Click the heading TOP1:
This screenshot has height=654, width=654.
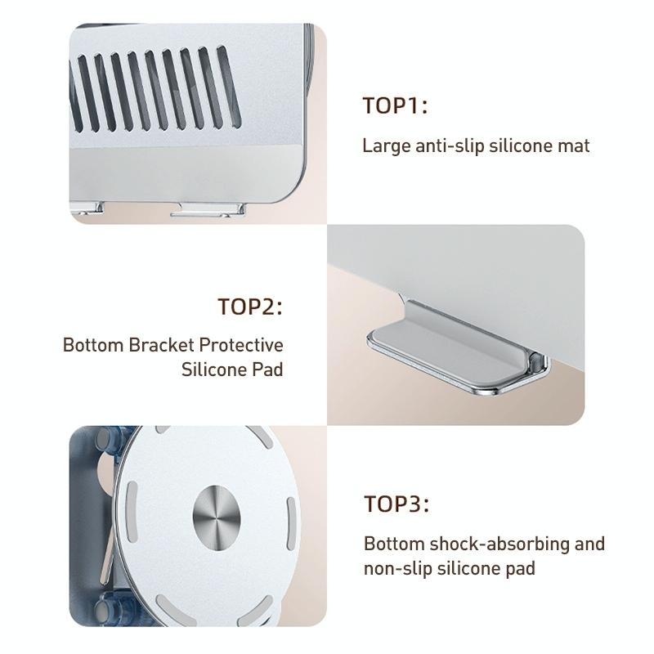point(396,106)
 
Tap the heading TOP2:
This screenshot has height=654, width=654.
point(250,307)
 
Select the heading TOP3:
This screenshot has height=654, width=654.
point(396,504)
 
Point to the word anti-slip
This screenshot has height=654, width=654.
point(448,146)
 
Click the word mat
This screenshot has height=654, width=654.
point(574,146)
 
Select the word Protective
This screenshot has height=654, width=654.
point(243,344)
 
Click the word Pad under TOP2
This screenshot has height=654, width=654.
point(267,370)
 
